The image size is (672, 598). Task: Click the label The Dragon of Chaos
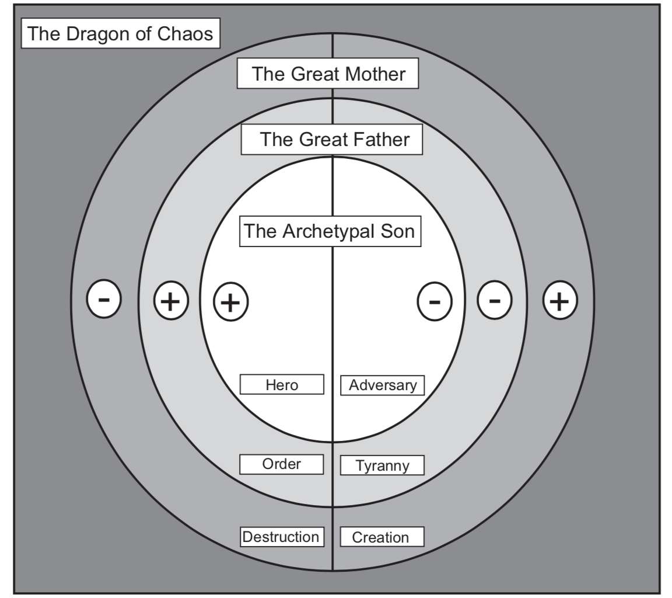121,33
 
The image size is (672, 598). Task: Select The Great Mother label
328,74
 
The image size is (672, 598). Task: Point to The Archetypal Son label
330,231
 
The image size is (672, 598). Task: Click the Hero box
282,385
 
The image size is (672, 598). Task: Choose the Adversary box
383,385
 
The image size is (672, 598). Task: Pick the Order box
282,464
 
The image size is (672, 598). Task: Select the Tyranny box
383,465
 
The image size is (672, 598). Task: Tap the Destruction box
282,537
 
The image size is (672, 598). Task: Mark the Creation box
382,537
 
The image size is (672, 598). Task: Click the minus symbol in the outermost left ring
104,300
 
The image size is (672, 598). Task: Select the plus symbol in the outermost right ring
560,301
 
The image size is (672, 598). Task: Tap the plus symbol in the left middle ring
170,301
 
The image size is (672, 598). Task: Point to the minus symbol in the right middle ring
494,301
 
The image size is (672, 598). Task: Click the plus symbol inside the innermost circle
231,302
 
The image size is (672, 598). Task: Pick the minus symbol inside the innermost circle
435,302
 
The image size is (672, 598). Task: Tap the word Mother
375,74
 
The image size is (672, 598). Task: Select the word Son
398,231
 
